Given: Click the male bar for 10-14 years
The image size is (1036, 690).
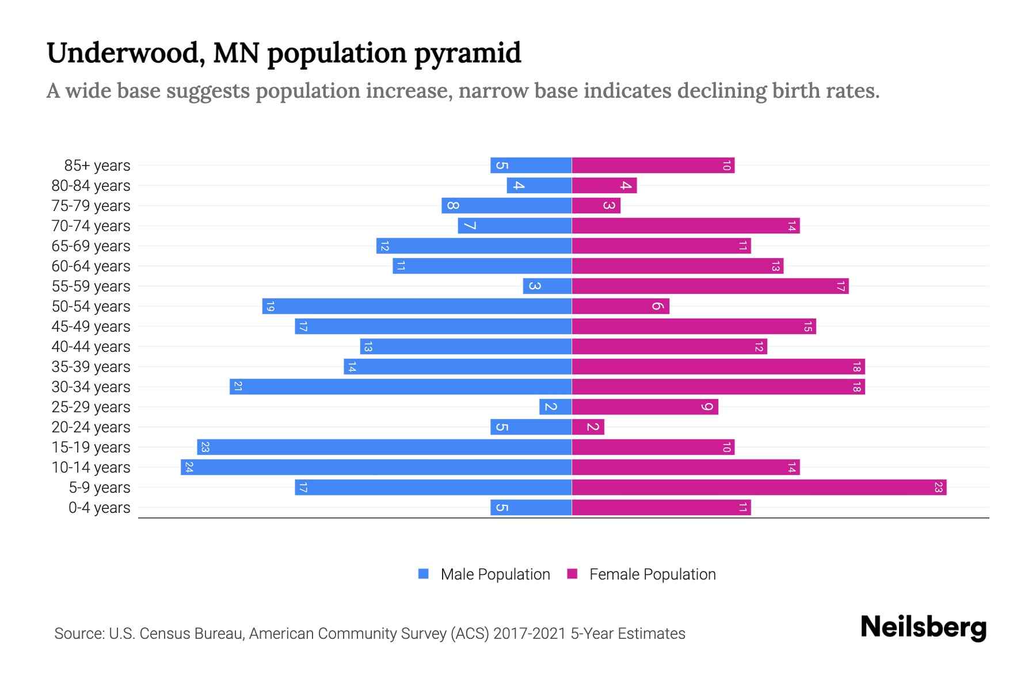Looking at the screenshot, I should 376,467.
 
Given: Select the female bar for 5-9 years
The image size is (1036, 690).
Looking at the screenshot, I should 759,488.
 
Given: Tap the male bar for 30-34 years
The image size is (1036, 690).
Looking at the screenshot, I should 401,387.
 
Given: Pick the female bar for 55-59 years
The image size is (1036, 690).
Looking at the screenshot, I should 710,286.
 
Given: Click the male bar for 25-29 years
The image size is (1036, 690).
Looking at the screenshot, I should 555,407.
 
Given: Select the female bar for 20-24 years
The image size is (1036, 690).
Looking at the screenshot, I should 588,427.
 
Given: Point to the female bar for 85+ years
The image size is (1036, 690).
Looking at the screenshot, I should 653,166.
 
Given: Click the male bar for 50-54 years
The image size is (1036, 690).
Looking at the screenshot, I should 417,306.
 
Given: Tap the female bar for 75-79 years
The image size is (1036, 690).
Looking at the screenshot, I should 596,206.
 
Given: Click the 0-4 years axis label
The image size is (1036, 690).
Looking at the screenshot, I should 99,508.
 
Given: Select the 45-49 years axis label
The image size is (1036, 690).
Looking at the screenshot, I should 91,327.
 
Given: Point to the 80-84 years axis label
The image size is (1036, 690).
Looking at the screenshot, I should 91,186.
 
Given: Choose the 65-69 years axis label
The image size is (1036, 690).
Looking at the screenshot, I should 91,246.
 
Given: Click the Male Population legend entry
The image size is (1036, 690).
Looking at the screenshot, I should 495,574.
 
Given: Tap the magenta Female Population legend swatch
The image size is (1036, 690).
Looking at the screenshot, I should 572,574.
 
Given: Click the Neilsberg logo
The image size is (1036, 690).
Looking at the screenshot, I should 923,627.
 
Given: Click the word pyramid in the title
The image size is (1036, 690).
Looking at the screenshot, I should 467,53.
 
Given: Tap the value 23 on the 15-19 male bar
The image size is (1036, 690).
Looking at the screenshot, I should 205,447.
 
